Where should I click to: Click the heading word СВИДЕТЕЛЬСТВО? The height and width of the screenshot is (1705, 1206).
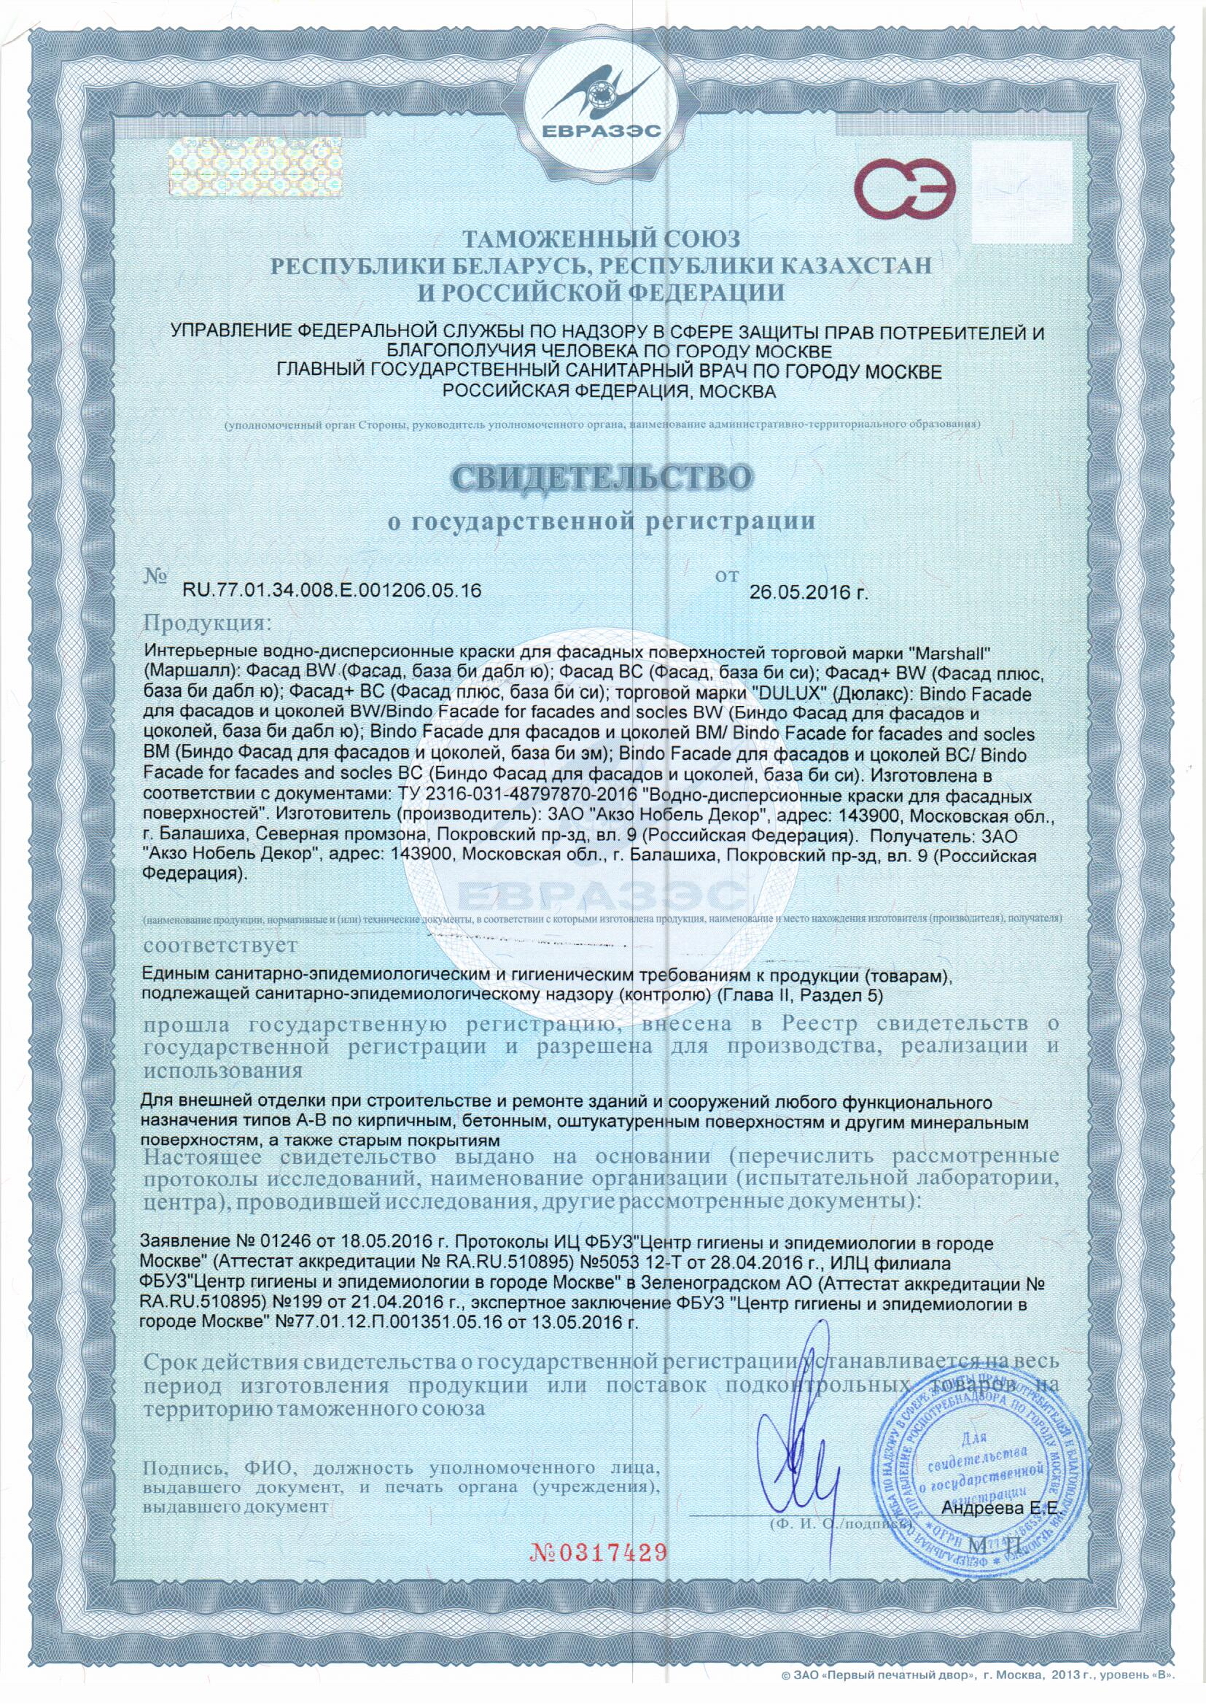pos(602,478)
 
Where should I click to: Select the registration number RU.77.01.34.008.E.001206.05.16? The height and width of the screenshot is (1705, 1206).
pos(332,591)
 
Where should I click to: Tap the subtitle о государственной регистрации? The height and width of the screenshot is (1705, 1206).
pos(602,521)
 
